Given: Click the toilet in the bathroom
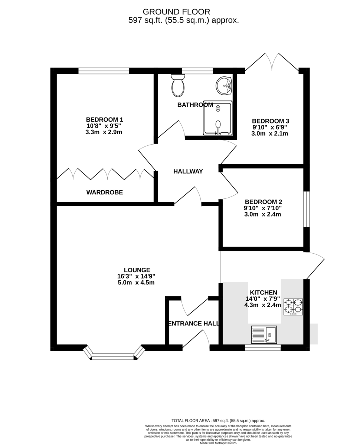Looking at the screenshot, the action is (x=178, y=85).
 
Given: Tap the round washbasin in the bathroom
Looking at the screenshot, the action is (x=223, y=86).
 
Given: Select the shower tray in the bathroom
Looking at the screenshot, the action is (x=217, y=118).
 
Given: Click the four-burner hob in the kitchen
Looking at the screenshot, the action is (x=293, y=307).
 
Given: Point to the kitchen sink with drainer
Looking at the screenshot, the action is (x=264, y=335).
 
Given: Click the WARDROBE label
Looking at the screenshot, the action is (x=105, y=192).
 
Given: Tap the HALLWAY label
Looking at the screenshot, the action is (x=188, y=172).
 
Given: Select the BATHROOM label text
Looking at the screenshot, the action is (x=195, y=105).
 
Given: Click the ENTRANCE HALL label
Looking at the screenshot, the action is (x=194, y=323).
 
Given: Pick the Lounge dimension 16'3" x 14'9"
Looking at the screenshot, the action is (x=136, y=276).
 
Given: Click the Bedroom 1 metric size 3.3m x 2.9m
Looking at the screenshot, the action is (x=104, y=132).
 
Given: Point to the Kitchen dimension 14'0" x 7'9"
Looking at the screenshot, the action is (x=263, y=299).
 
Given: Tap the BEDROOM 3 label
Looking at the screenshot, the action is (x=271, y=121).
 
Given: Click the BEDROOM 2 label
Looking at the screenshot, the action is (x=264, y=202).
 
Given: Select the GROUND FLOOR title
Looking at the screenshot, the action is (x=176, y=12).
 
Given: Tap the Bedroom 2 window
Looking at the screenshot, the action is (x=307, y=210).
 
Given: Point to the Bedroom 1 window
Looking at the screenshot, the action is (x=104, y=71).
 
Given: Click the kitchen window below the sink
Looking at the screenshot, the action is (x=263, y=347).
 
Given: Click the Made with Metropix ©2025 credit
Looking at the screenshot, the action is (x=218, y=443).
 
